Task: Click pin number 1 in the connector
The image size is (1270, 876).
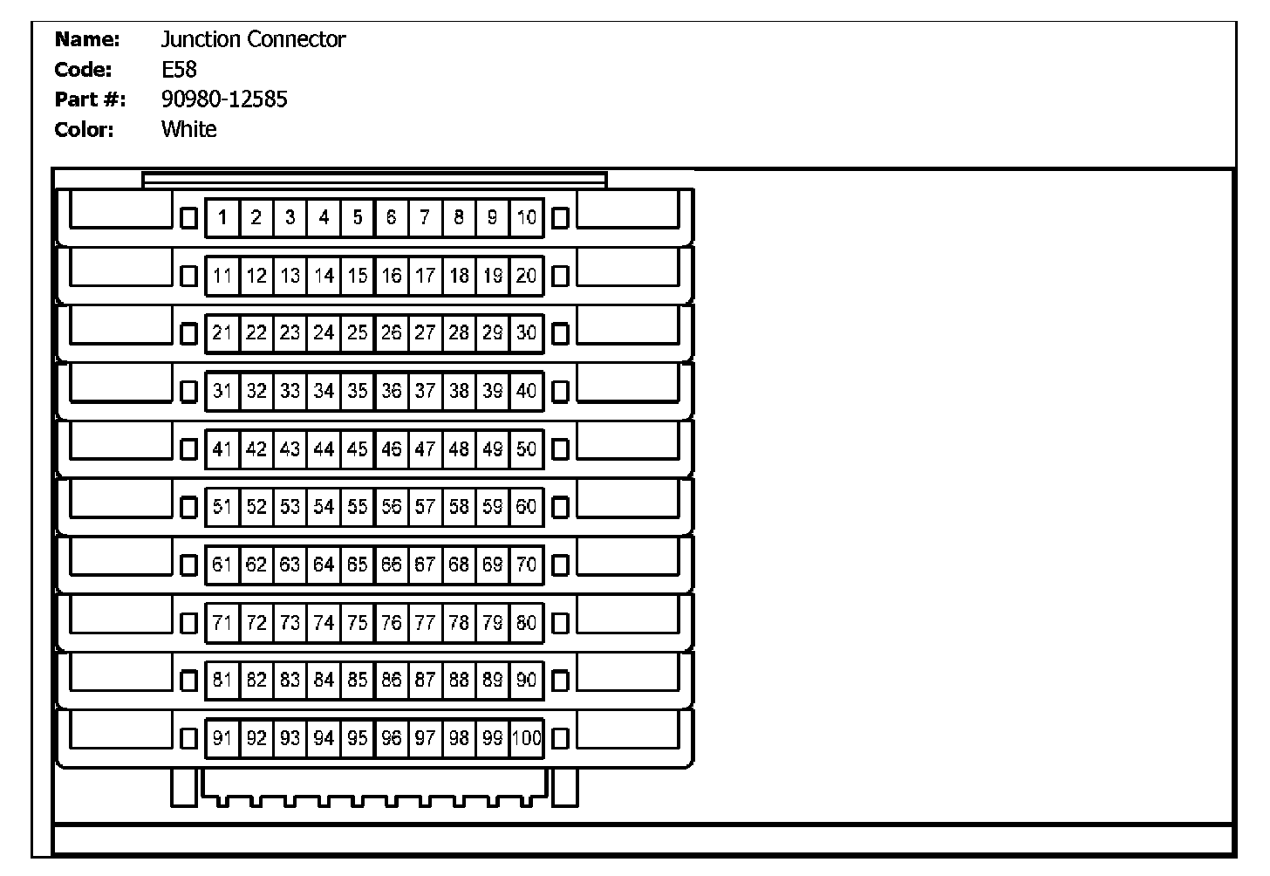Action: coord(222,217)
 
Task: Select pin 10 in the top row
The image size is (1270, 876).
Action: coord(526,217)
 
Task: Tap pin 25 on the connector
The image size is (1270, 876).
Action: coord(358,332)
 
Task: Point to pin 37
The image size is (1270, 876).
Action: coord(425,391)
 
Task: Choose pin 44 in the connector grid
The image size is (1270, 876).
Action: coord(324,448)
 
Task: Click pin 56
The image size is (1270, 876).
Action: coord(392,506)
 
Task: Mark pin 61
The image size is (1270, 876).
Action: coord(222,565)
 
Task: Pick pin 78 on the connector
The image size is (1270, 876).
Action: coord(459,622)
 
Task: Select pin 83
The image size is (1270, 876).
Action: coord(290,680)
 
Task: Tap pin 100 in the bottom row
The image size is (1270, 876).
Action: coord(526,738)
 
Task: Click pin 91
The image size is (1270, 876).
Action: coord(222,738)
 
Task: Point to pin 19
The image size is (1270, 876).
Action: coord(493,276)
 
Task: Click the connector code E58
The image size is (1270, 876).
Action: coord(179,69)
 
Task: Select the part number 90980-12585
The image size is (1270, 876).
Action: coord(224,99)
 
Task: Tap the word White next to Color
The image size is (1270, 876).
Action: coord(188,129)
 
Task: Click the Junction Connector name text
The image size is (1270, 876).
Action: coord(253,39)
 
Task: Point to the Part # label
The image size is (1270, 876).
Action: coord(90,99)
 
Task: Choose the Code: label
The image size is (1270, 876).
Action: coord(83,69)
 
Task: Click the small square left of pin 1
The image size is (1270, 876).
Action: coord(188,217)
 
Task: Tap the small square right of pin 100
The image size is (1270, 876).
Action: coord(560,738)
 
